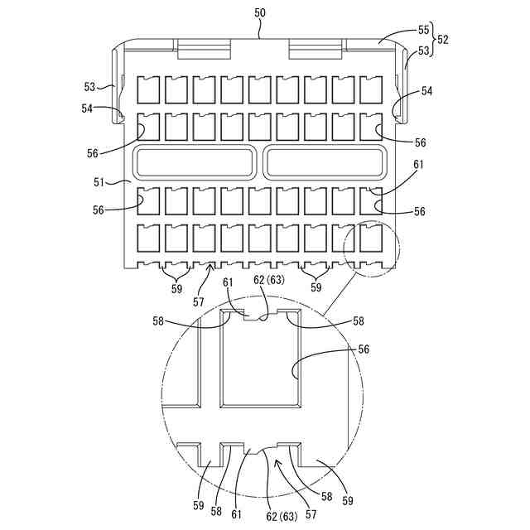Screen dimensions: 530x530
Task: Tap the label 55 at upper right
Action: click(x=423, y=30)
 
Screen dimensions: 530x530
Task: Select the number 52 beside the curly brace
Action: click(x=443, y=39)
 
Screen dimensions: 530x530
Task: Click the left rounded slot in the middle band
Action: click(x=197, y=161)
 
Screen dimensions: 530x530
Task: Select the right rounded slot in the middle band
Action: click(x=325, y=161)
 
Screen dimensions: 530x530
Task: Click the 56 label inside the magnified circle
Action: click(x=363, y=349)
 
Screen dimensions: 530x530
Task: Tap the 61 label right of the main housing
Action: click(x=419, y=165)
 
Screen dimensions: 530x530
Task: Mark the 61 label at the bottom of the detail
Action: click(x=237, y=513)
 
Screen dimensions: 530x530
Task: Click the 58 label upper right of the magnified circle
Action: click(x=358, y=320)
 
